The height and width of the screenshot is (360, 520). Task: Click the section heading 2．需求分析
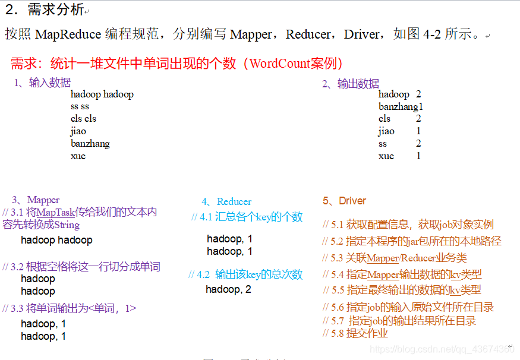(x=45, y=10)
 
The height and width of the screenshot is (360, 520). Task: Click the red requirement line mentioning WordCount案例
(x=177, y=64)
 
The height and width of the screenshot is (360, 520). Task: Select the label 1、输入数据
(x=42, y=83)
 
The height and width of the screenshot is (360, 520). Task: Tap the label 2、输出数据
(x=350, y=84)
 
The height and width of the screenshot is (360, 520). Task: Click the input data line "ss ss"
(x=80, y=106)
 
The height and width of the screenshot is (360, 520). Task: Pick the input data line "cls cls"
(x=83, y=119)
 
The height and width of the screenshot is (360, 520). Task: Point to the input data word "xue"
(x=78, y=156)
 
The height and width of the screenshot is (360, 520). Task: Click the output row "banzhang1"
(x=401, y=106)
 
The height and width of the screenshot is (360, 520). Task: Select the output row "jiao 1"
(x=399, y=131)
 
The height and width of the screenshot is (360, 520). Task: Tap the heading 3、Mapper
(x=36, y=200)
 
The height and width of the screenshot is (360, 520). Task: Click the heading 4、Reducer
(x=226, y=201)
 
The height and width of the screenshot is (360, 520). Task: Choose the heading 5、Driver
(x=344, y=201)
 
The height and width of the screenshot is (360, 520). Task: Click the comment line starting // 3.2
(x=81, y=267)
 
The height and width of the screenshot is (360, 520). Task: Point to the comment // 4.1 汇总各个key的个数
(x=247, y=217)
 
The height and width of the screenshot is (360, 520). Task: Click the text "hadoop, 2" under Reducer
(x=228, y=289)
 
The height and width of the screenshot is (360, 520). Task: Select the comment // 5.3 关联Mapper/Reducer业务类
(x=394, y=258)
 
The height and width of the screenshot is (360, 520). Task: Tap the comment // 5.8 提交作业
(x=355, y=333)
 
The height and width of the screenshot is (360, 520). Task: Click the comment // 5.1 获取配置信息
(x=408, y=225)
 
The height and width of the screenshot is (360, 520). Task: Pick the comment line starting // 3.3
(x=70, y=308)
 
